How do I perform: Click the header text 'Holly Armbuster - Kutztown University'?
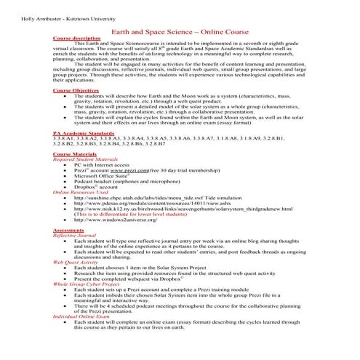point(47,16)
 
